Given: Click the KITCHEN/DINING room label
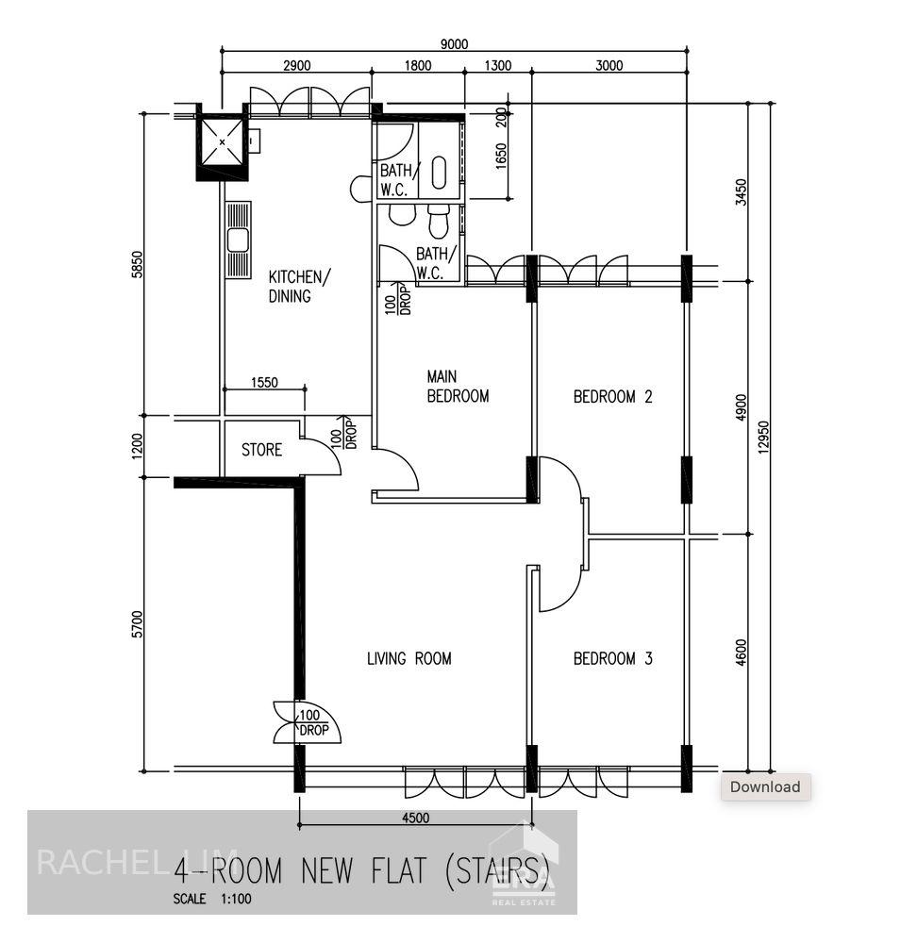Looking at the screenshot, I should click(300, 287).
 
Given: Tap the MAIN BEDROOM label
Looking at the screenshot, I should click(458, 387).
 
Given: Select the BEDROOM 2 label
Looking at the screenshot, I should click(612, 397).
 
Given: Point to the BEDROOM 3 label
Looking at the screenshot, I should click(612, 658).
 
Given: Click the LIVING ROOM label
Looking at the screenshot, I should click(408, 658).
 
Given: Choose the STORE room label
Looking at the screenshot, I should click(261, 450).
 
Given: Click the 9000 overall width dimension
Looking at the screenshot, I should click(454, 43).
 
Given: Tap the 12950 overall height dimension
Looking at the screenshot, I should click(762, 436).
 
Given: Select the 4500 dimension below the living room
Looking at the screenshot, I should click(414, 818).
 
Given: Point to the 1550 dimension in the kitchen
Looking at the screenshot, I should click(265, 382).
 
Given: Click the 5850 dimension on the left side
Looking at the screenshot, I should click(137, 265).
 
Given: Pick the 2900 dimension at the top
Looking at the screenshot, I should click(296, 65).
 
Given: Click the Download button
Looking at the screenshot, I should click(764, 786).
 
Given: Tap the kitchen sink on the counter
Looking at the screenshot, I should click(238, 240).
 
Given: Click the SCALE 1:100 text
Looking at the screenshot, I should click(212, 899).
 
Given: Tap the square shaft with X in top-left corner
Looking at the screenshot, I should click(223, 142).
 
